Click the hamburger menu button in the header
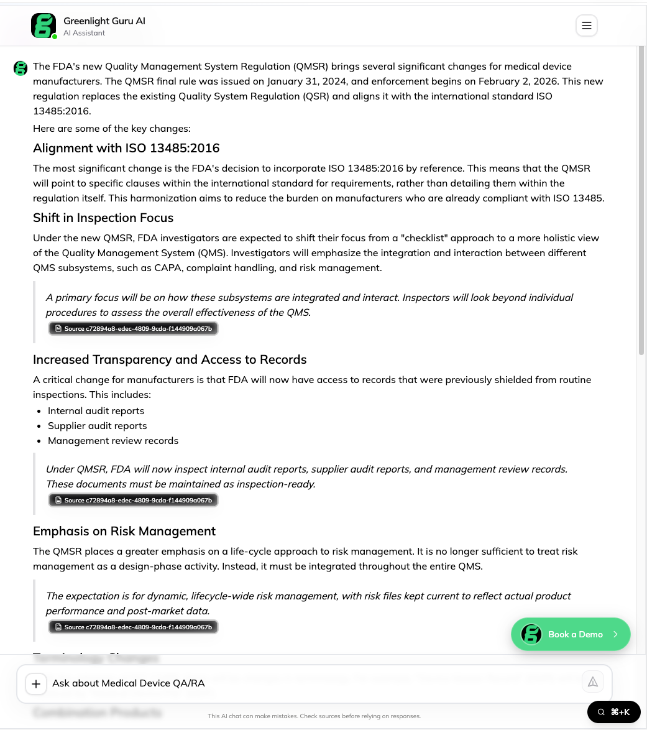(586, 25)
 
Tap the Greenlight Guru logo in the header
(44, 26)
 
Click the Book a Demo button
(571, 634)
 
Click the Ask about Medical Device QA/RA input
(311, 683)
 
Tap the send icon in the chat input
(593, 682)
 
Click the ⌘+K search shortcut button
(613, 712)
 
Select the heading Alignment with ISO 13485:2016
(126, 148)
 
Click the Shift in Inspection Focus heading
(103, 218)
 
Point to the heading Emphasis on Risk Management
(124, 531)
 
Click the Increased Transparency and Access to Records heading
(170, 359)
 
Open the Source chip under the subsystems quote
(134, 328)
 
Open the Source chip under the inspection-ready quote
(134, 500)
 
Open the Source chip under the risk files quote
(134, 627)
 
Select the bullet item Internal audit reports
(96, 411)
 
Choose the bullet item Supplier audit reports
(98, 426)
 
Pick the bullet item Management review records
(113, 441)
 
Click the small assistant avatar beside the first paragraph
(21, 68)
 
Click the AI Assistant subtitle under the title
(85, 33)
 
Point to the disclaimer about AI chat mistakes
(314, 716)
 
